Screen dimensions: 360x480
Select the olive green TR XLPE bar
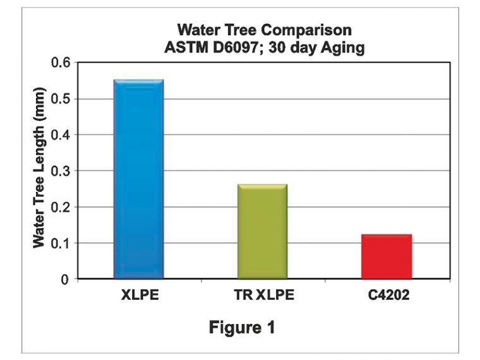coord(262,231)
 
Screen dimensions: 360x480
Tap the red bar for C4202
coord(386,256)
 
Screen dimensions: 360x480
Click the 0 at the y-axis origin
coord(66,279)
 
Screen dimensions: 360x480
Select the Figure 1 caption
coord(243,328)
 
